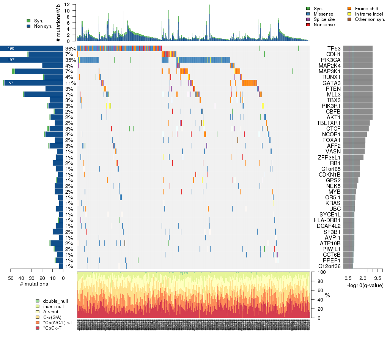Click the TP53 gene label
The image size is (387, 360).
334,49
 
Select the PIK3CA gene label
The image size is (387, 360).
331,60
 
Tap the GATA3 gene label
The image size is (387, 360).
332,83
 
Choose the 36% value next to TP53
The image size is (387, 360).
70,49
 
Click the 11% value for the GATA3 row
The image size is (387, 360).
71,83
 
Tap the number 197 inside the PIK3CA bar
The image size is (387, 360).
11,60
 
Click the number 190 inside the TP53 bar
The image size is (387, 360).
11,49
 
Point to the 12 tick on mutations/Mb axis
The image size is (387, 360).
67,5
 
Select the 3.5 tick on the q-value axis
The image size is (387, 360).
378,278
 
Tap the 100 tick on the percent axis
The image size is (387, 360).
318,272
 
